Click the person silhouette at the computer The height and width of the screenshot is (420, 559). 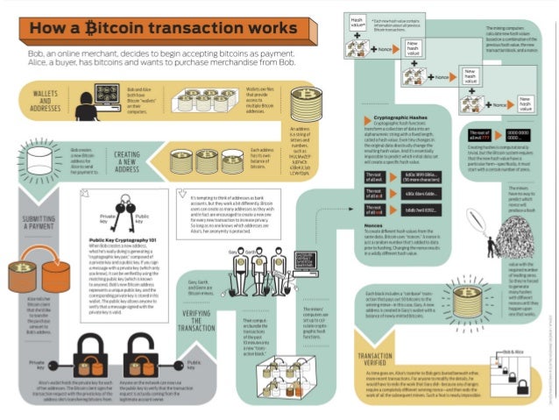88,104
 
